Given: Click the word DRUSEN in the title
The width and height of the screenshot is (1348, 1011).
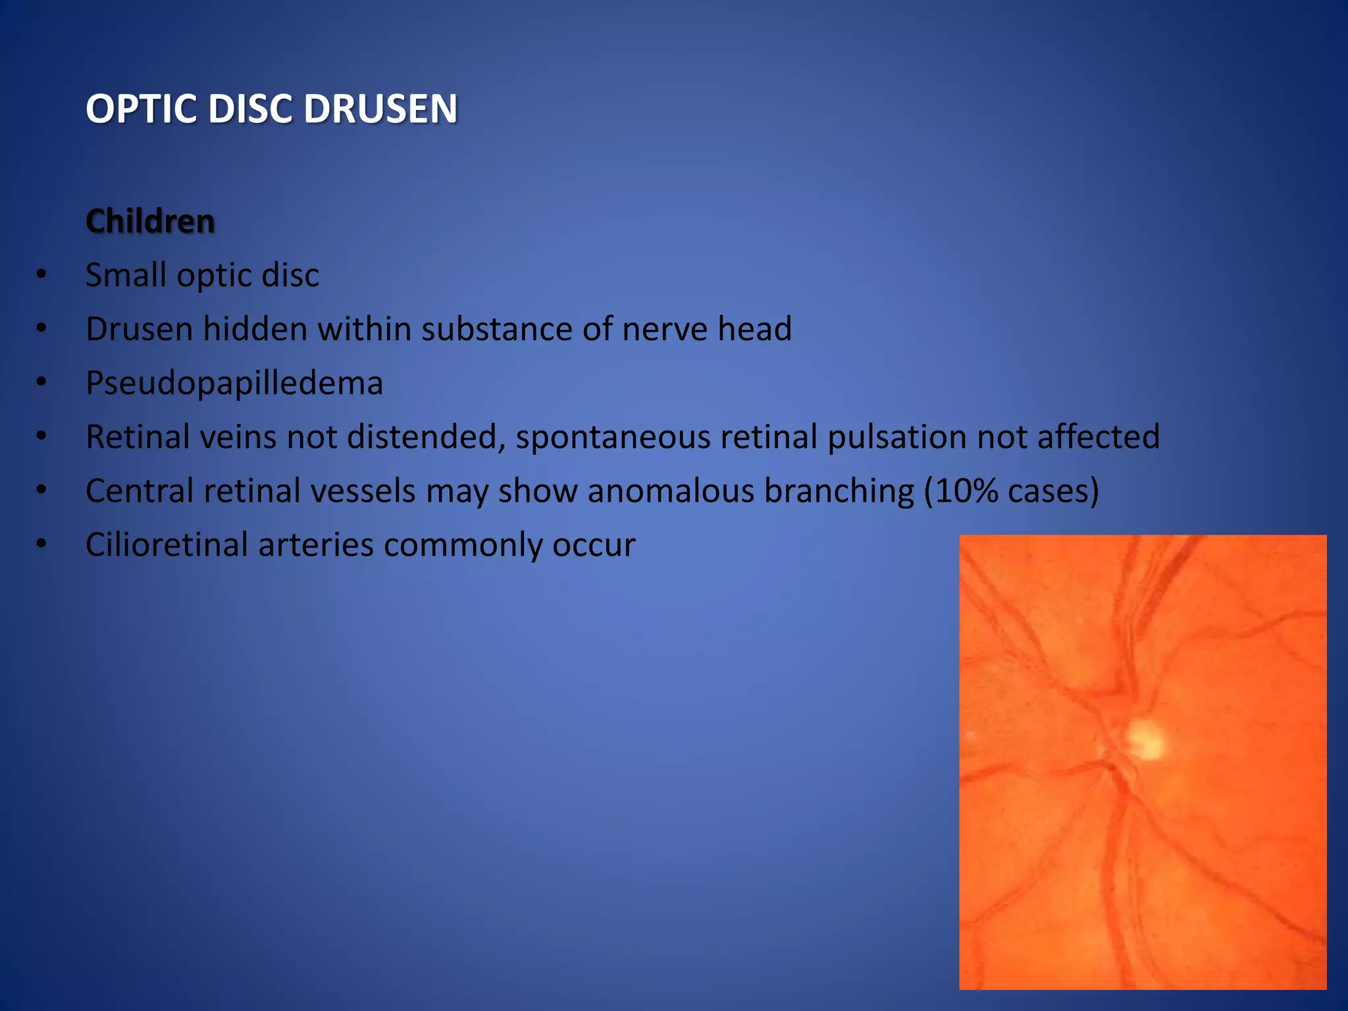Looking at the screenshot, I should [380, 109].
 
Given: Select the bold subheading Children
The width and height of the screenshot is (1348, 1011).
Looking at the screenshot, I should [150, 221].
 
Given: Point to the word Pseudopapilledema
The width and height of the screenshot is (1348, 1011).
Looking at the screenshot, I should [234, 383].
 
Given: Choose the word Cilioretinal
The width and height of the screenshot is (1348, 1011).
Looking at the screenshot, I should [167, 545].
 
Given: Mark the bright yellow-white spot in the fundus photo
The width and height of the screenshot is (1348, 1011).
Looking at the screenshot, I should [1146, 739].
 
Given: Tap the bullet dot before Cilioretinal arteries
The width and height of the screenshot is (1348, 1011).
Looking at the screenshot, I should [41, 544].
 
